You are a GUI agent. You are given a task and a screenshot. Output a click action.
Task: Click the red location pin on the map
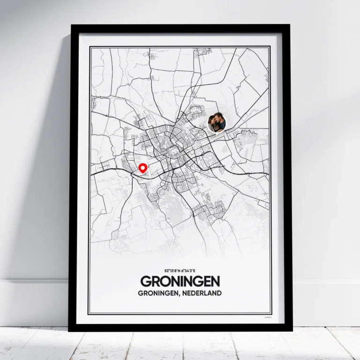click(143, 168)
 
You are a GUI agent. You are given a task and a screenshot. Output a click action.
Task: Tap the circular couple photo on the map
click(217, 123)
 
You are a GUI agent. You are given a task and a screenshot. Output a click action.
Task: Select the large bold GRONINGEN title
click(180, 281)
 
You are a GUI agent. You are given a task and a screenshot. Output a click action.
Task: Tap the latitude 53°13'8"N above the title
click(172, 271)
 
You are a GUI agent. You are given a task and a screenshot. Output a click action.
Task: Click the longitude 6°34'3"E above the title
click(189, 271)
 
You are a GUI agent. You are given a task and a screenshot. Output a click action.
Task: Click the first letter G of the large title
click(146, 281)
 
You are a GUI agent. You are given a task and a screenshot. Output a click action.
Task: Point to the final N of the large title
click(215, 281)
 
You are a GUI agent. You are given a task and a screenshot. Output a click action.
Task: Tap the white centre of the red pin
click(143, 166)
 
